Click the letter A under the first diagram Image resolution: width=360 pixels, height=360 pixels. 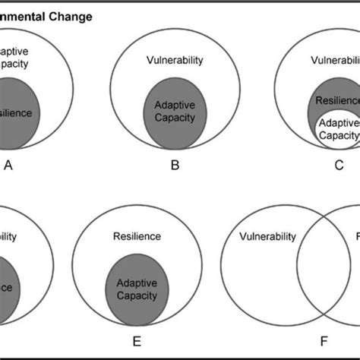(9, 164)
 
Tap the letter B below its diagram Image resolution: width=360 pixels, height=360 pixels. (175, 164)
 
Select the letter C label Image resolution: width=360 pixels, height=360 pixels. (339, 164)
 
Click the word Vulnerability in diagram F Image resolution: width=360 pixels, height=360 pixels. (267, 237)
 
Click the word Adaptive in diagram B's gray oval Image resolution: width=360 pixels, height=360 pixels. (175, 106)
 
